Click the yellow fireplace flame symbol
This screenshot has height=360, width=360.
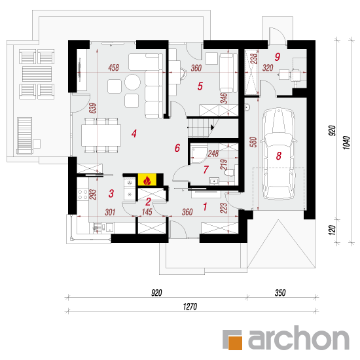(x=147, y=179)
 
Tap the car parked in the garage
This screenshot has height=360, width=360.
(x=278, y=153)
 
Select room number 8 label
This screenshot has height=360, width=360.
(x=278, y=156)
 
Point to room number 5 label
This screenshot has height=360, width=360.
(x=200, y=86)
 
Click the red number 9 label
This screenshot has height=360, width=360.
(x=278, y=57)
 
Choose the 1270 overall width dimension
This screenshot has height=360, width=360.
(x=190, y=306)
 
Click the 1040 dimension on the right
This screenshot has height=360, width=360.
(x=347, y=143)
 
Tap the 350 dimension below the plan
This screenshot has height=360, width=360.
(x=280, y=293)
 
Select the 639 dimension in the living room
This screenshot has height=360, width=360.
(x=93, y=108)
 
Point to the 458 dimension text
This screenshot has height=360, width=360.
(x=114, y=67)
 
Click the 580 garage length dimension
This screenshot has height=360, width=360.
(x=253, y=142)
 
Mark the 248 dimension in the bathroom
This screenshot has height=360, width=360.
(x=213, y=153)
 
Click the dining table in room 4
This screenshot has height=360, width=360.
(x=101, y=135)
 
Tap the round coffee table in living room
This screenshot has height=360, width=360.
(x=132, y=82)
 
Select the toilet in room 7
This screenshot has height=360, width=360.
(x=230, y=173)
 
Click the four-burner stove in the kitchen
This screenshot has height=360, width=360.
(x=82, y=194)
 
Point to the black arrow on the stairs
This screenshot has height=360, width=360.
(x=212, y=127)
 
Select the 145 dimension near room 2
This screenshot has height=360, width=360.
(x=147, y=212)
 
